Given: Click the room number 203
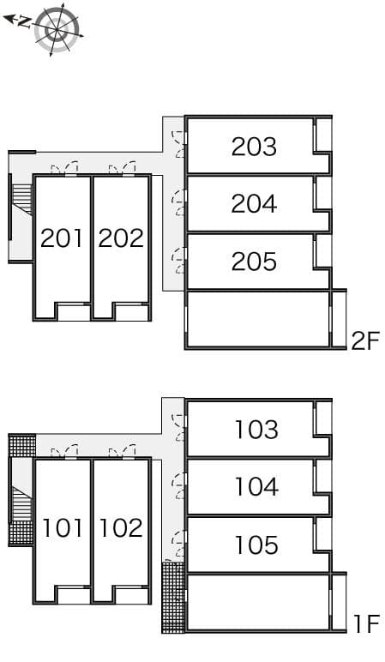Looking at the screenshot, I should [x=254, y=147].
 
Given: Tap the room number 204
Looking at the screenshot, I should [x=254, y=204].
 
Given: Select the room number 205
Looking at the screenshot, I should [x=254, y=262].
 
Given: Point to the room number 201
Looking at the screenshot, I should [x=63, y=238].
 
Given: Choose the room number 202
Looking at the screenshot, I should [x=121, y=238].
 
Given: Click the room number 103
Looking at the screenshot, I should [x=256, y=429].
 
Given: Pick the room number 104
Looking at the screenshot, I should [x=256, y=487].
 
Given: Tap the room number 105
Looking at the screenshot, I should [x=256, y=545].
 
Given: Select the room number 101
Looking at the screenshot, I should [x=63, y=527].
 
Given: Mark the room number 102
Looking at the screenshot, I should [x=121, y=527].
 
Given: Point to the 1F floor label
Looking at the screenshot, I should [x=364, y=624].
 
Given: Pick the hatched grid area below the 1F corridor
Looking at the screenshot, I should [x=173, y=597].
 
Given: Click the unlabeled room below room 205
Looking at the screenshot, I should [x=257, y=319].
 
